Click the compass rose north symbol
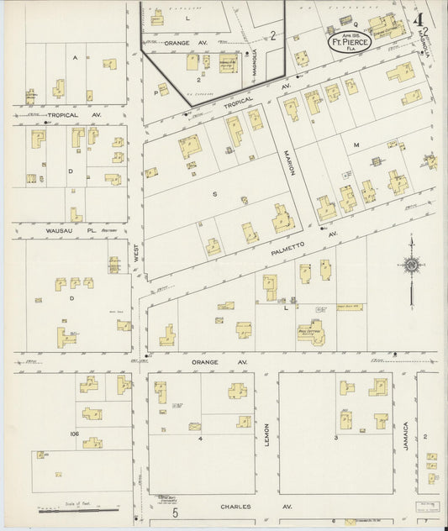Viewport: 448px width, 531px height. pos(412,266)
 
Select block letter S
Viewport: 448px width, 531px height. pos(214,194)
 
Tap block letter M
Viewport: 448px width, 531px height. pos(356,145)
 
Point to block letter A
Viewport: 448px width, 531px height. pos(75,57)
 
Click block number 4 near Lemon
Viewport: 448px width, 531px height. pos(200,438)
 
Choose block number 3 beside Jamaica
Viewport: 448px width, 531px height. pos(335,438)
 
